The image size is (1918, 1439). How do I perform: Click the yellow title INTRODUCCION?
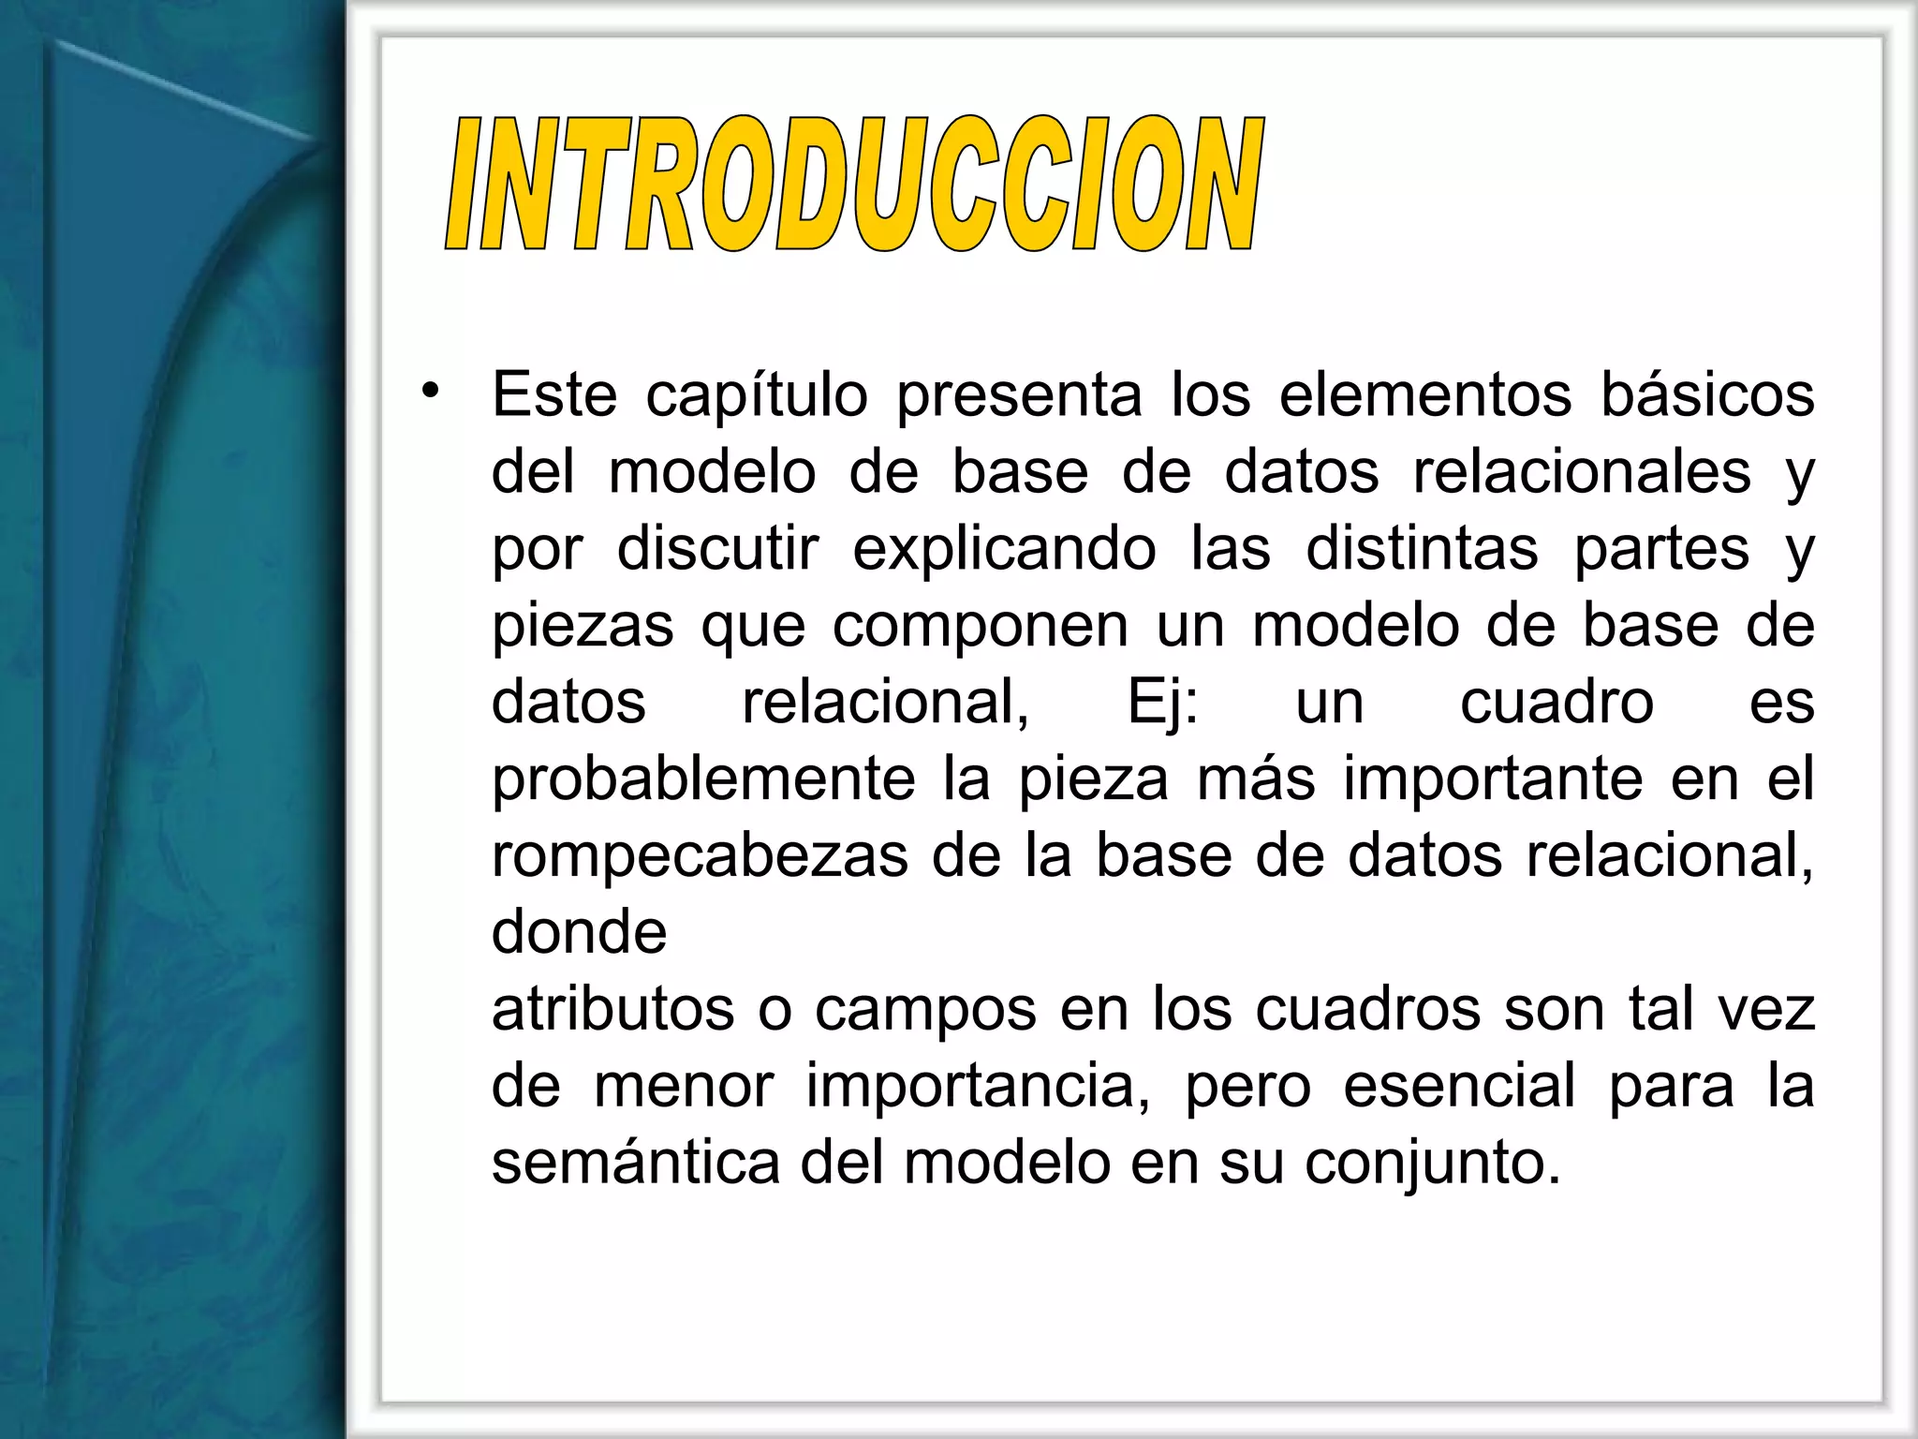pos(854,184)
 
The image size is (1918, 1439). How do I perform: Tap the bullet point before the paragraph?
pos(430,392)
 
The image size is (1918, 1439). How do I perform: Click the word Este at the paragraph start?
pos(554,394)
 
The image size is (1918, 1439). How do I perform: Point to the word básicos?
pos(1707,394)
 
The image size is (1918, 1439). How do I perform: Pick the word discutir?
pos(718,548)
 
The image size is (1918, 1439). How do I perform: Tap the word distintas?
pos(1422,548)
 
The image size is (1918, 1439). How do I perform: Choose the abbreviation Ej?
pos(1162,704)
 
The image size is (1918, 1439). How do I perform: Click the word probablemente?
pos(703,780)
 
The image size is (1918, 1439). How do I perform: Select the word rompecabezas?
pos(700,857)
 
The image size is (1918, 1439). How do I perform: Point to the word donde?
pos(579,932)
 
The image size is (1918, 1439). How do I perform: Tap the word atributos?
pos(613,1010)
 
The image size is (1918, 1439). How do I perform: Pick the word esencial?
pos(1459,1087)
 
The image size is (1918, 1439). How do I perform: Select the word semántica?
pos(636,1164)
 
